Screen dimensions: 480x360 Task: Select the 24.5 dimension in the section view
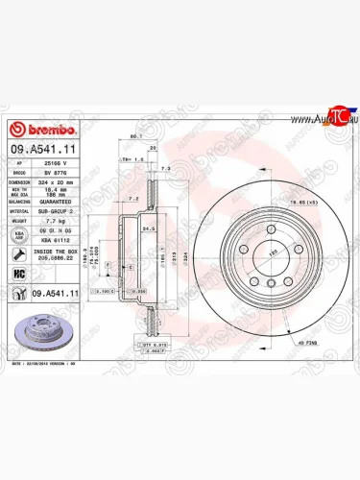point(148,230)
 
